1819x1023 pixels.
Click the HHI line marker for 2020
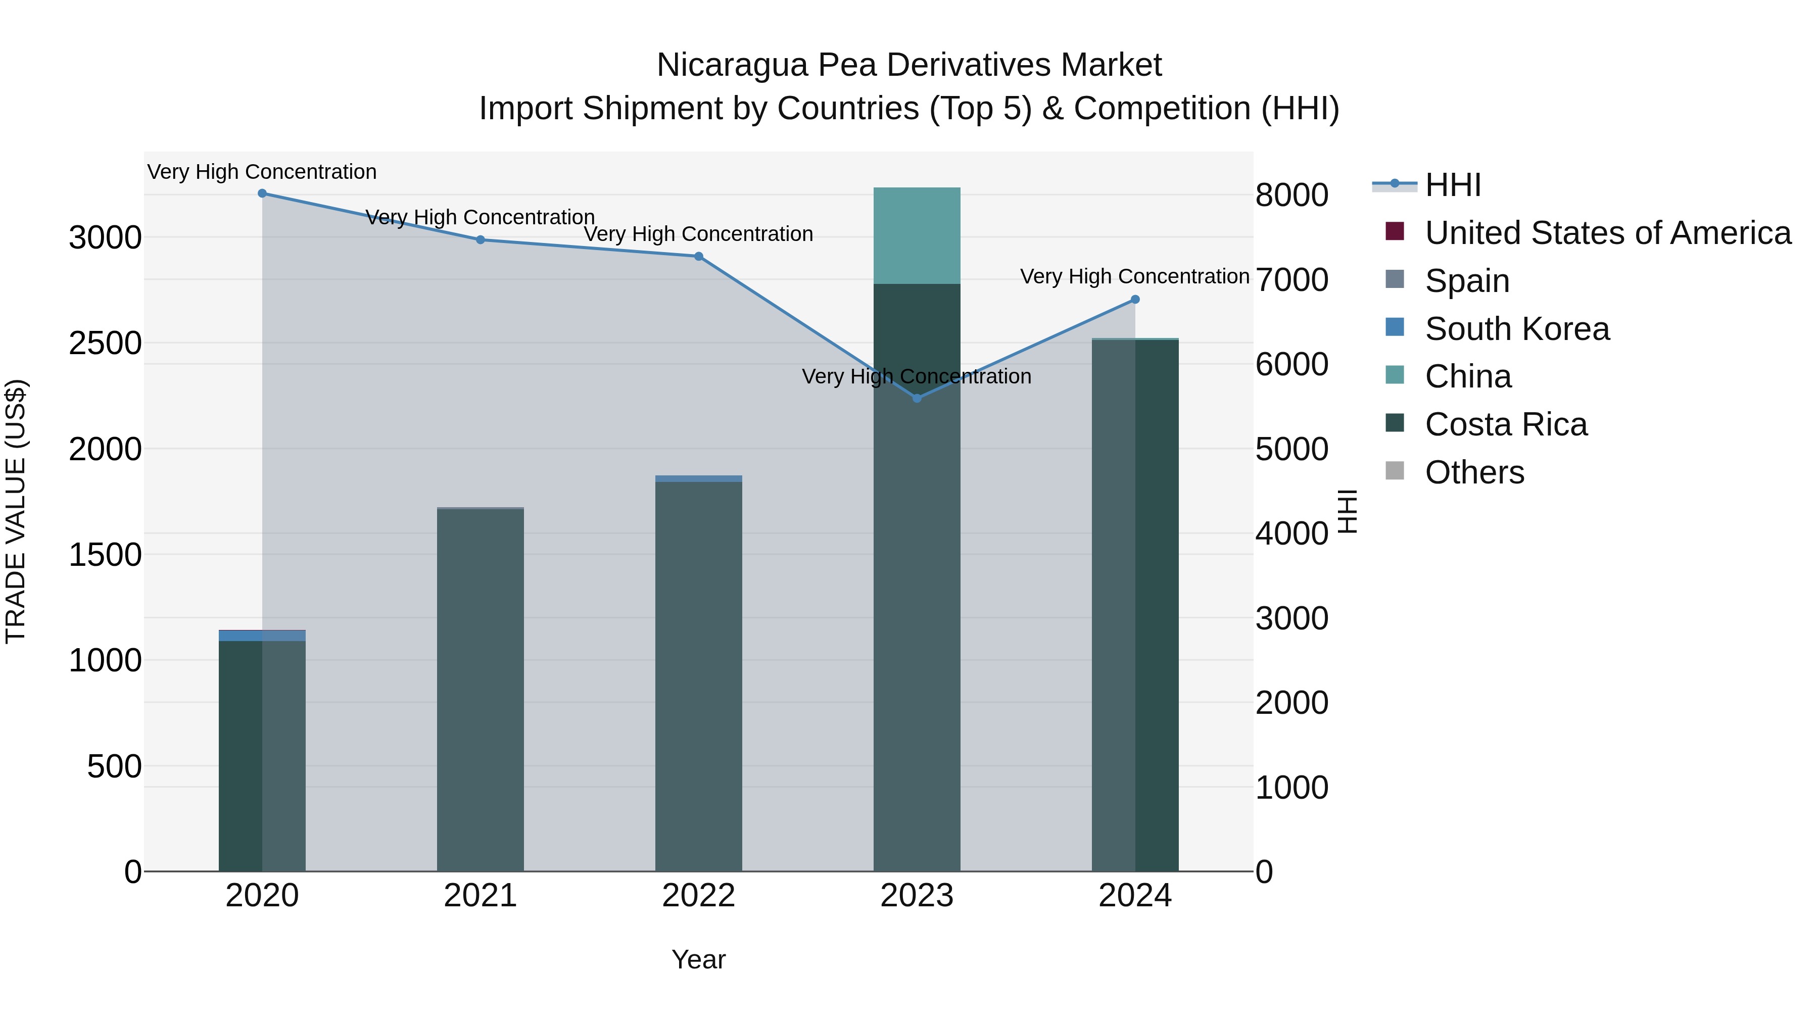tap(262, 193)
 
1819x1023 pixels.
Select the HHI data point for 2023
tap(917, 398)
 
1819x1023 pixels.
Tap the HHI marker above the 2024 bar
tap(1135, 300)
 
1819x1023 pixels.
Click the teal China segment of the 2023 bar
tap(917, 236)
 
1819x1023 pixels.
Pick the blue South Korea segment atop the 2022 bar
tap(698, 479)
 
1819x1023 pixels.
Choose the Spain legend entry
tap(1467, 281)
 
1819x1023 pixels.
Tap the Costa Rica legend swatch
tap(1395, 424)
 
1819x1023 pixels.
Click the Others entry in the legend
tap(1474, 472)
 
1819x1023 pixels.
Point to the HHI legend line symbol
tap(1395, 185)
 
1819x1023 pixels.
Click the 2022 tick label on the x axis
tap(698, 896)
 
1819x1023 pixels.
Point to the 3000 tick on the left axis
tap(105, 238)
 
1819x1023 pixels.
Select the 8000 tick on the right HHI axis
tap(1291, 196)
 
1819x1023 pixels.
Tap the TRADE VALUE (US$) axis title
tap(16, 511)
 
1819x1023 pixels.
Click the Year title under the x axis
tap(698, 959)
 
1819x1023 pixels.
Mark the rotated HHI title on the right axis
tap(1347, 511)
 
